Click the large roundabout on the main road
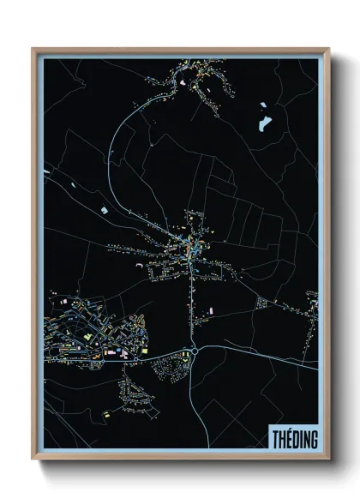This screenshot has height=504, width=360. point(195,350)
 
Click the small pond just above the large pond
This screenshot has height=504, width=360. point(261,107)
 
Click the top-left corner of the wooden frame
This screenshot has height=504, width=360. point(33,49)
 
